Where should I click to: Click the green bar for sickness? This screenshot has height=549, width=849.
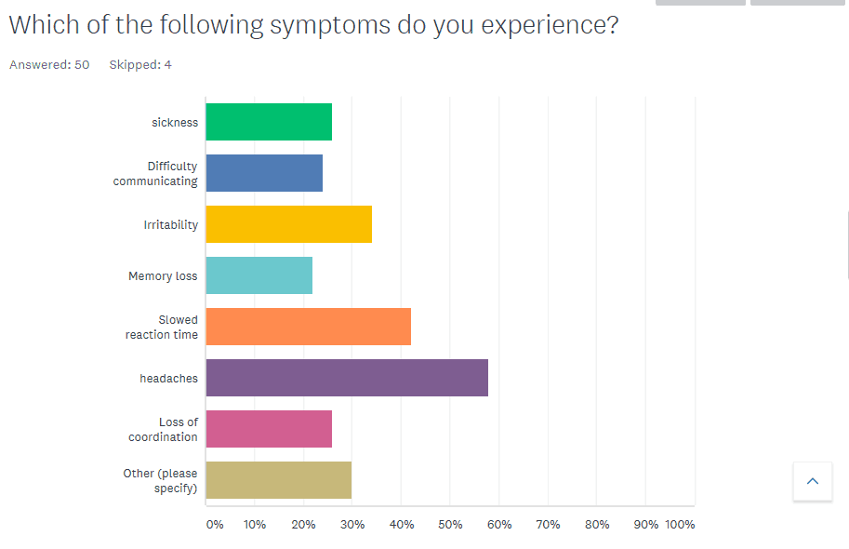269,122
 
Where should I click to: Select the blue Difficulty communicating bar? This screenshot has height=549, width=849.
264,173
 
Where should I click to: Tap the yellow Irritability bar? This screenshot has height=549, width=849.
288,224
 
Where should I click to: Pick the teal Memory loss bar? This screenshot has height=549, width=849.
259,275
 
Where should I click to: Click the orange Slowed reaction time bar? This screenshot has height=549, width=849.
308,327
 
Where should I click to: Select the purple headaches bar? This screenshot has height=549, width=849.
347,378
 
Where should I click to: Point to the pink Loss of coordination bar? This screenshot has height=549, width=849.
269,429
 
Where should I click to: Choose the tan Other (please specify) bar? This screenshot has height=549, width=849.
278,480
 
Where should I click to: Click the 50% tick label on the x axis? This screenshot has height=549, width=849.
450,525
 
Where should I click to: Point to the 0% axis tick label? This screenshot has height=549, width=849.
215,525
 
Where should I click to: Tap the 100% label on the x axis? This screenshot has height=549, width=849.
680,525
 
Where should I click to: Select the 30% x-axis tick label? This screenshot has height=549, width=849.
352,525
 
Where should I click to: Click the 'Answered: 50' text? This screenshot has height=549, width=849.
49,64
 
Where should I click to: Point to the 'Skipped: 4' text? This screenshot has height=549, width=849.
140,64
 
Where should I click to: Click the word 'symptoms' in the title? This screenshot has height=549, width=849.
330,25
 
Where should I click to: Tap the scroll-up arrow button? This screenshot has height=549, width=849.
813,481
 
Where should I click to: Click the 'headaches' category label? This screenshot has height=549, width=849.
168,379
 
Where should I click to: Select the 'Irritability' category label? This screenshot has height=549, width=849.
170,225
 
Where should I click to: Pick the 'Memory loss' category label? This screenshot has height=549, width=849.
163,276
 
